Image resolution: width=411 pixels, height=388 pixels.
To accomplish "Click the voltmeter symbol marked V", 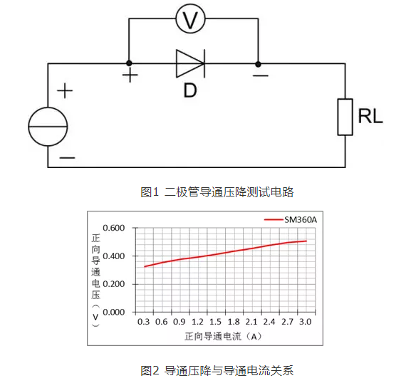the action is (x=190, y=19).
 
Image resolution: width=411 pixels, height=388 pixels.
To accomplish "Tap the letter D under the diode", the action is (x=190, y=90).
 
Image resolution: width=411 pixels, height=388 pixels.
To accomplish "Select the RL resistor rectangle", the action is (x=345, y=117).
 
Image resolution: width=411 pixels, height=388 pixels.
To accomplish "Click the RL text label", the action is (x=370, y=116).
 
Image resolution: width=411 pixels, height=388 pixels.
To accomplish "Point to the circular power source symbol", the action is (x=48, y=127).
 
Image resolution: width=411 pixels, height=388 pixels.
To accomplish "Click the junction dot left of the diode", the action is (x=129, y=63).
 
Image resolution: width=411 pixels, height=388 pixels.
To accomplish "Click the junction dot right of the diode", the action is (x=258, y=64).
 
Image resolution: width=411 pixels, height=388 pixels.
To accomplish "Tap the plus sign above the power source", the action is (x=65, y=90).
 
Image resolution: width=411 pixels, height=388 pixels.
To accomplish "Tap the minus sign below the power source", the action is (x=67, y=158).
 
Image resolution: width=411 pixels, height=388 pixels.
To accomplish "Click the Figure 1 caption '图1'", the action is (x=150, y=192).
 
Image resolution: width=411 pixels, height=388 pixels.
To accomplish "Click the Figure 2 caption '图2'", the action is (x=150, y=371).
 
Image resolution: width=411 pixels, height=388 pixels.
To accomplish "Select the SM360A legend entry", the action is (x=291, y=219).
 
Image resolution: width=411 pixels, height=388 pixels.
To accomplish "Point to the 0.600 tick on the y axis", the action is (x=114, y=228).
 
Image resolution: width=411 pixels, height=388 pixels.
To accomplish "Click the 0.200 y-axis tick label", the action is (x=114, y=284).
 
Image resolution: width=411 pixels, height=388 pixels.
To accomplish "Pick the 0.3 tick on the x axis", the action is (x=143, y=322).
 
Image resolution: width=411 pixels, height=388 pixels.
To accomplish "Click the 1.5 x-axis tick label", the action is (x=215, y=322).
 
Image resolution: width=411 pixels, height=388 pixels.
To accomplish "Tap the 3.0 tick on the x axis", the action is (x=306, y=322).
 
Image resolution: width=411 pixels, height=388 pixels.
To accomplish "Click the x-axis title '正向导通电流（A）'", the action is (x=224, y=337).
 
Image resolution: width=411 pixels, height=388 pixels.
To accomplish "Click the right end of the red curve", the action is (x=306, y=241).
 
